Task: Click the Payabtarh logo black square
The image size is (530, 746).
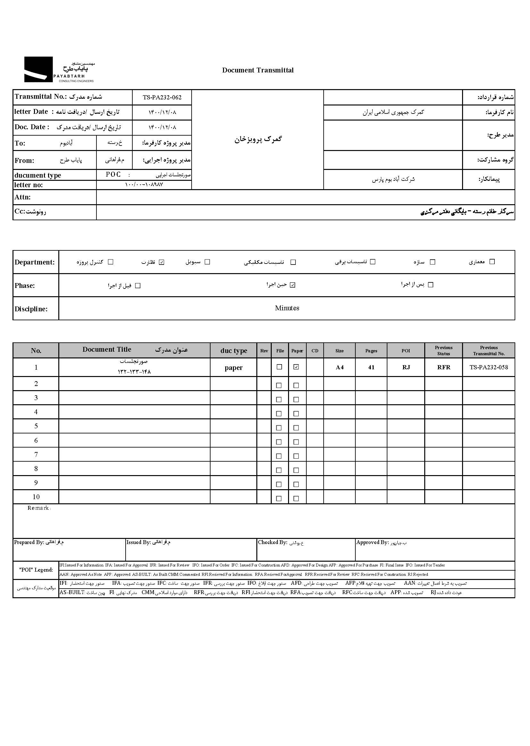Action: click(x=38, y=69)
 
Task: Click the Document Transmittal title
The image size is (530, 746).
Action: click(x=258, y=70)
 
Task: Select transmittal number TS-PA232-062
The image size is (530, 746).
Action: click(x=162, y=97)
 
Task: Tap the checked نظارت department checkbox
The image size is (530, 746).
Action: click(x=161, y=262)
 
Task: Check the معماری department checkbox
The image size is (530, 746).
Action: click(x=492, y=262)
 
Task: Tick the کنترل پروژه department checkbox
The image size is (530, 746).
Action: click(x=111, y=262)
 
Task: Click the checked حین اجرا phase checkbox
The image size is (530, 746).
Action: click(x=293, y=285)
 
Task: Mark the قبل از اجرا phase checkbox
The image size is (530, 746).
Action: click(x=138, y=286)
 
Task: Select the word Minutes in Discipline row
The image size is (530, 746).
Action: click(x=287, y=308)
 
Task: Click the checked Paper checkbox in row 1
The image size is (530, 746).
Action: click(x=296, y=367)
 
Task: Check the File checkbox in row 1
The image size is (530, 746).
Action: click(x=279, y=367)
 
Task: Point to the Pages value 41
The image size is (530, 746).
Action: click(x=371, y=367)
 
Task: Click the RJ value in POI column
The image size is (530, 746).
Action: click(x=406, y=367)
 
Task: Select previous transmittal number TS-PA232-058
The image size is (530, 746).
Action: click(x=489, y=367)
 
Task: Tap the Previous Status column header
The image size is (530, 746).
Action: click(x=443, y=351)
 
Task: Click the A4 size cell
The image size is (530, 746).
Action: click(x=339, y=367)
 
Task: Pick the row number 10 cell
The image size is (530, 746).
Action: click(x=36, y=497)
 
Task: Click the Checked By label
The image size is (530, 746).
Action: click(x=272, y=542)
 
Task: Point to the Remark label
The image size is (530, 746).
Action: click(x=38, y=508)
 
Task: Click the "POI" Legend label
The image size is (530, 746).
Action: click(x=36, y=570)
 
